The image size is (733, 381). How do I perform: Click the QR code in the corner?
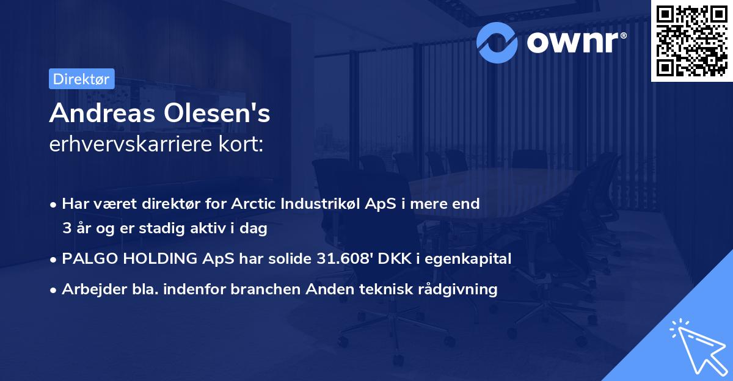[691, 41]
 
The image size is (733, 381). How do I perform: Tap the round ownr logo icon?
[497, 42]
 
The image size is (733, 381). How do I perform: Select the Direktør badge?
[81, 79]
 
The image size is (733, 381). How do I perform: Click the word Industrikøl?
[319, 204]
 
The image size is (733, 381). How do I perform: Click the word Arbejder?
[90, 289]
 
